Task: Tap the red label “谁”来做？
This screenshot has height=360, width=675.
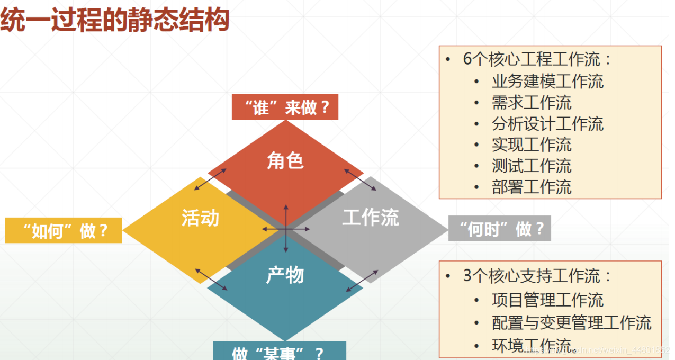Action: click(285, 108)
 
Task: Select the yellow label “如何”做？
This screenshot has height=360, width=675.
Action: click(64, 231)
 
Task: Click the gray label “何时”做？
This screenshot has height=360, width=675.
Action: click(500, 229)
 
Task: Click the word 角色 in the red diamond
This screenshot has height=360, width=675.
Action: click(285, 160)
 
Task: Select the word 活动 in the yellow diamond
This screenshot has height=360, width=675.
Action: click(200, 218)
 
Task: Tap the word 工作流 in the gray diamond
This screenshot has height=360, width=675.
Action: click(371, 217)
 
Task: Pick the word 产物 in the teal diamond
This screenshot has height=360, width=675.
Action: click(285, 275)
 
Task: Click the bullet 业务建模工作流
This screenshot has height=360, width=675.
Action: click(547, 82)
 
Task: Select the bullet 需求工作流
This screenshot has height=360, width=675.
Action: click(532, 103)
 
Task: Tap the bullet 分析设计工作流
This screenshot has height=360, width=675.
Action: click(547, 124)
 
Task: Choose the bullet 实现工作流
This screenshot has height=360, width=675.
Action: click(532, 145)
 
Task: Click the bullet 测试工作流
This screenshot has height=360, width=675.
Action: click(532, 166)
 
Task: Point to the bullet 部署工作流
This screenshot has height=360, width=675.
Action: click(532, 187)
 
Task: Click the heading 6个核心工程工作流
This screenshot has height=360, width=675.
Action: click(537, 59)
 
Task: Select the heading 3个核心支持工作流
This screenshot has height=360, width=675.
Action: click(537, 276)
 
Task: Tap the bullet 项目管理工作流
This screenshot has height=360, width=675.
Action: click(547, 300)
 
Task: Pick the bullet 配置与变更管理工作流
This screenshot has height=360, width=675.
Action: click(571, 323)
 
